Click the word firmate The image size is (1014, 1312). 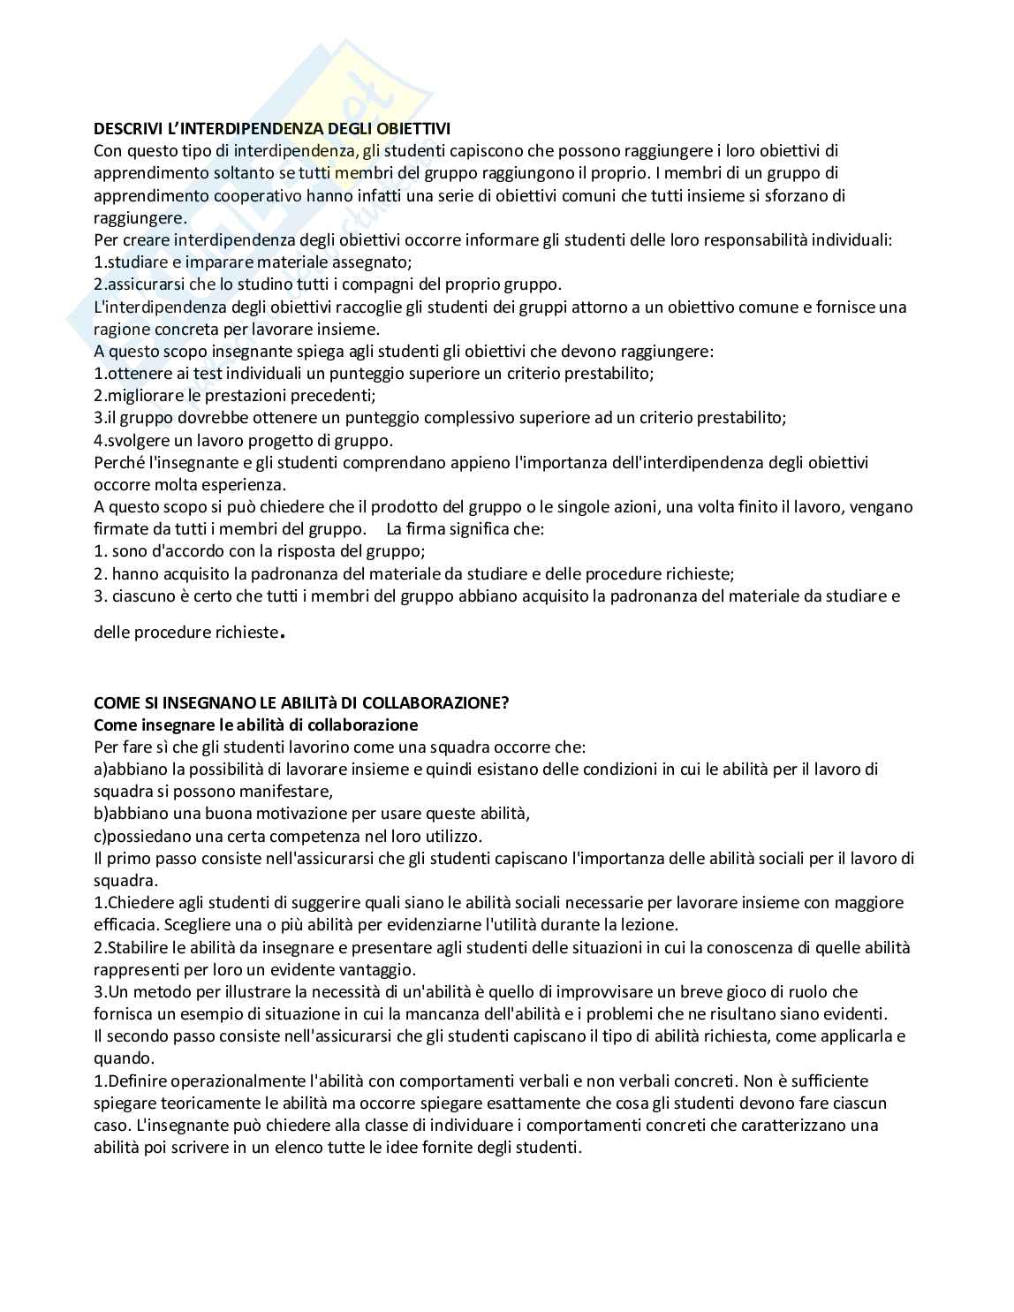tap(121, 528)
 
